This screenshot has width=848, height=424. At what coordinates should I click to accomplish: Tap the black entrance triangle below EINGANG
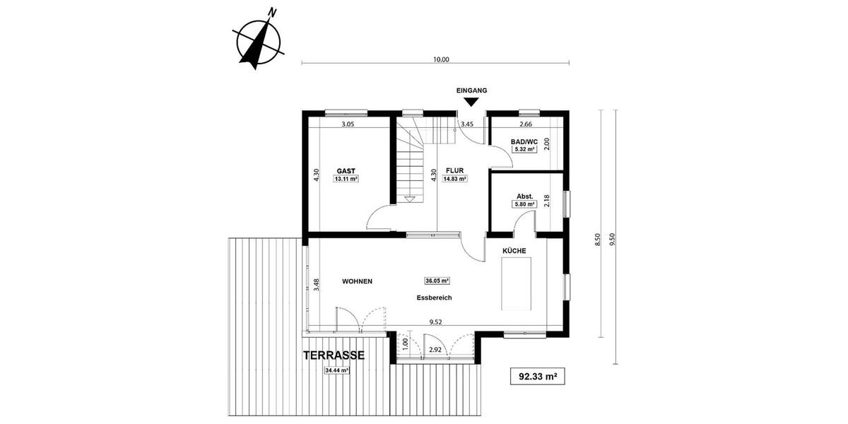point(472,103)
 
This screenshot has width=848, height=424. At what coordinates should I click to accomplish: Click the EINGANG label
point(472,90)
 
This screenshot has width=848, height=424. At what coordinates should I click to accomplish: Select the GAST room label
point(346,170)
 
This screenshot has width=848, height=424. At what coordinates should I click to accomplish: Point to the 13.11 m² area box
point(346,179)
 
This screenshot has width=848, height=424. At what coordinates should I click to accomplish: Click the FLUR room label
point(454,170)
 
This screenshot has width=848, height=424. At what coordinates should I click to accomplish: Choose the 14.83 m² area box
point(454,179)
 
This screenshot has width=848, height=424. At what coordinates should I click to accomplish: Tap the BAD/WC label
point(524,141)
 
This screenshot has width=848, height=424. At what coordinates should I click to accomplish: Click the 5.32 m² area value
point(524,150)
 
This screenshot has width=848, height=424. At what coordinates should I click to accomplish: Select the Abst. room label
point(524,196)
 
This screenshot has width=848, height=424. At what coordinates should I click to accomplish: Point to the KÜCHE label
point(514,251)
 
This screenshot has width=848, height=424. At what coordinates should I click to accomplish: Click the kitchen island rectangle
point(517,283)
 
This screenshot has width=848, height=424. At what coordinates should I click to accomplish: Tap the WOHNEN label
point(357,281)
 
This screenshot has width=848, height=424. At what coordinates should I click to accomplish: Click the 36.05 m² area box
point(437,280)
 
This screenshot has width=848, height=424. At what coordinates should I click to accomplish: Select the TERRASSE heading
point(334,356)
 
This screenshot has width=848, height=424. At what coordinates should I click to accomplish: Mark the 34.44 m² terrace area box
point(337,370)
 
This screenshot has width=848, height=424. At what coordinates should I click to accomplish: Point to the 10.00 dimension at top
point(440,60)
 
